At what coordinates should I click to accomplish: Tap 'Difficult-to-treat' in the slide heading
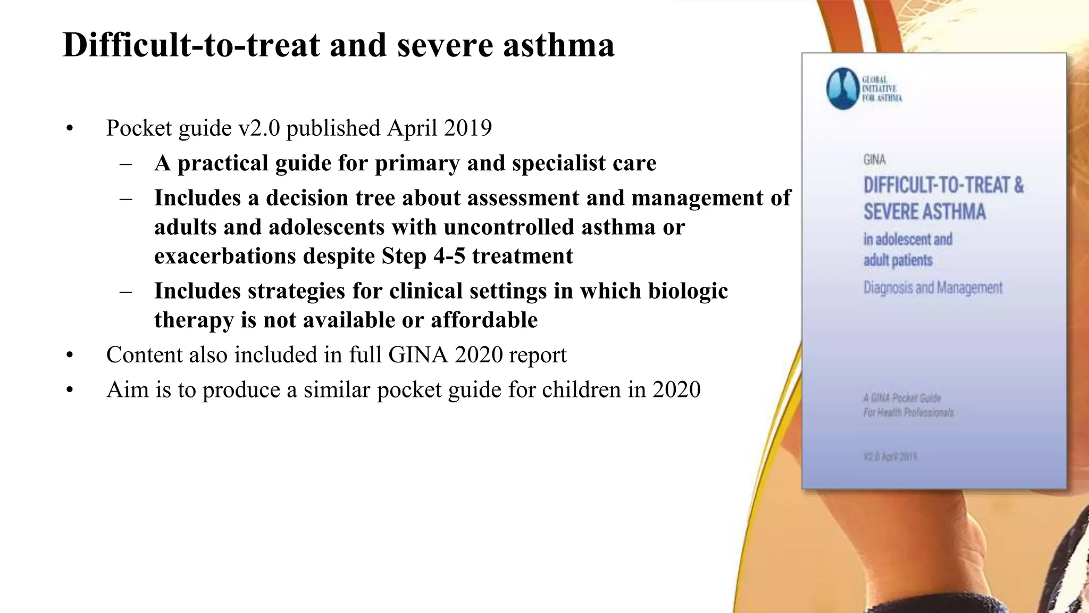[x=191, y=45]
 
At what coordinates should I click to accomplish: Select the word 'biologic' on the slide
[x=688, y=291]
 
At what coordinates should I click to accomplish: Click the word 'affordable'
[x=484, y=320]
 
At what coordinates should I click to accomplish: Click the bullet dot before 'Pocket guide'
[x=70, y=129]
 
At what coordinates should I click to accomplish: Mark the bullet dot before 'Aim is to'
[x=70, y=391]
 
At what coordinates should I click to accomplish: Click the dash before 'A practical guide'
[x=126, y=164]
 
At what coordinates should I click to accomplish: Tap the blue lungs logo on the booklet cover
[x=843, y=89]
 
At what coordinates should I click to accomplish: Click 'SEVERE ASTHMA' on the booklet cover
[x=924, y=212]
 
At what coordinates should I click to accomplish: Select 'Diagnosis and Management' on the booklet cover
[x=933, y=288]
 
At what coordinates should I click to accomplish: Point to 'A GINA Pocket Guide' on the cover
[x=902, y=398]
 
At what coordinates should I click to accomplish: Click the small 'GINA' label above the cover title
[x=874, y=160]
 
